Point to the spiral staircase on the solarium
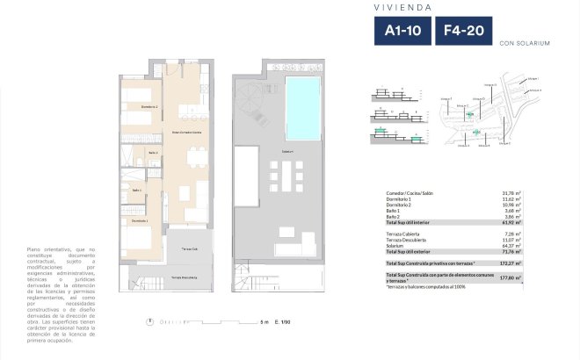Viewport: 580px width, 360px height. (x=247, y=92)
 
